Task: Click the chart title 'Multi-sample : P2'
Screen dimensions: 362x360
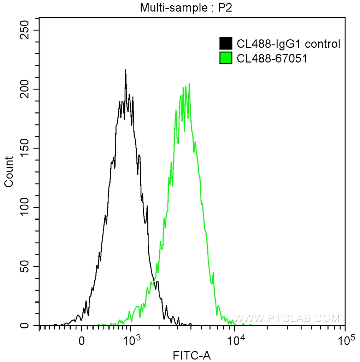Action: [x=186, y=7]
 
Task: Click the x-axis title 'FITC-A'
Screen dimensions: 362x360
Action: [x=192, y=355]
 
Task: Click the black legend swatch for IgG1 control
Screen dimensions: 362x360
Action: [x=226, y=43]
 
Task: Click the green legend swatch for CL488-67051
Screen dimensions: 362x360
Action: [x=226, y=58]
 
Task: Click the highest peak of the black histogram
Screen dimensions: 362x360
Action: [x=125, y=70]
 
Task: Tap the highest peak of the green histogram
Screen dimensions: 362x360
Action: [x=189, y=84]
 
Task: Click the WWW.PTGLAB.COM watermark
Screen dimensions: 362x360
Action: [x=287, y=318]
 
